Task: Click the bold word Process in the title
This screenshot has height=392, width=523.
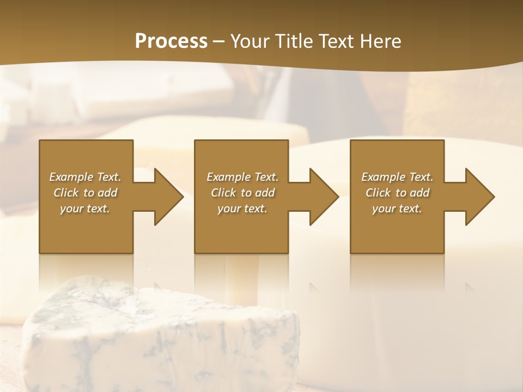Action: (x=171, y=41)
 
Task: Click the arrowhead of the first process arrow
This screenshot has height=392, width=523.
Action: (x=168, y=197)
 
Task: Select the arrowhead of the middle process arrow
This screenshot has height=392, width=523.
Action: (x=323, y=197)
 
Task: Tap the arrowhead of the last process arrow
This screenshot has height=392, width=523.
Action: (x=479, y=197)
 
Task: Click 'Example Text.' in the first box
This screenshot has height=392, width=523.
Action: (x=85, y=177)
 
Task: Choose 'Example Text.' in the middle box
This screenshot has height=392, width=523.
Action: (x=242, y=177)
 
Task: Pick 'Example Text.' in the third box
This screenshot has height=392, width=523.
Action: (x=397, y=177)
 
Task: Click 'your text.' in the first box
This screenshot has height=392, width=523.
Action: (x=85, y=209)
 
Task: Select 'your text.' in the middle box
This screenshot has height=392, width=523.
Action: (x=242, y=209)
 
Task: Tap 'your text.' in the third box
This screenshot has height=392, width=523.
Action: (x=397, y=209)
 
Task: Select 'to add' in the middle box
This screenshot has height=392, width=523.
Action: (x=258, y=193)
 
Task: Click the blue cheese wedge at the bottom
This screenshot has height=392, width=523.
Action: (x=163, y=338)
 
